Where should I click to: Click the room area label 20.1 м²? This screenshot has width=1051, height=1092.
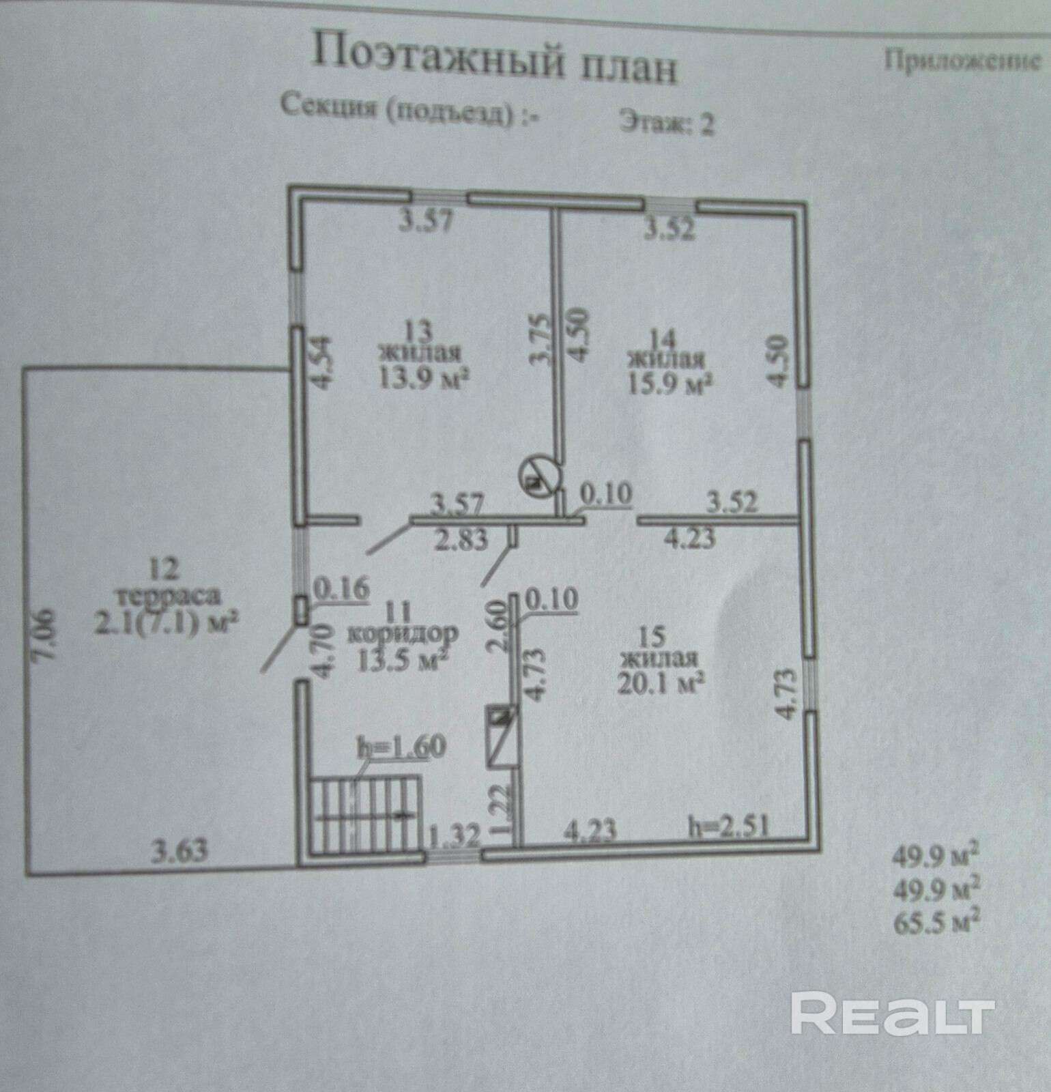tap(661, 682)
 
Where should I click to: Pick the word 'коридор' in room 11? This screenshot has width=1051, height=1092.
tap(403, 633)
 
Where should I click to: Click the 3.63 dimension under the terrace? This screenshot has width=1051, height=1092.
tap(179, 852)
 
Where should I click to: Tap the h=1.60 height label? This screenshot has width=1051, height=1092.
tap(401, 746)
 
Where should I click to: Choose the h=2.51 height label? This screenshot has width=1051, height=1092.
tap(728, 827)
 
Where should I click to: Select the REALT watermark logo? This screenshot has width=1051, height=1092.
tap(891, 1016)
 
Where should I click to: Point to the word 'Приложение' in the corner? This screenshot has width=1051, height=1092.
tap(963, 61)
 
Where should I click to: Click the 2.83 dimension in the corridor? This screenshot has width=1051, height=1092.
tap(462, 539)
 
